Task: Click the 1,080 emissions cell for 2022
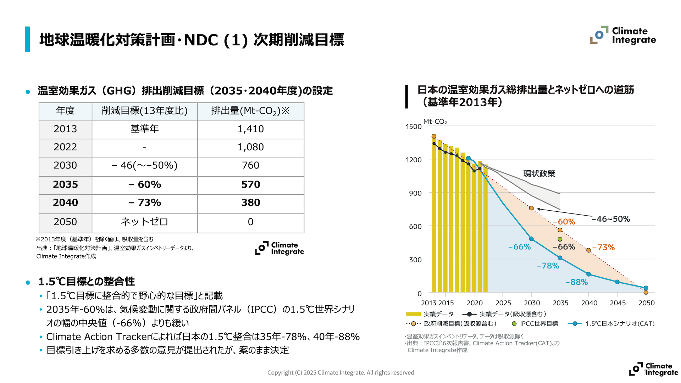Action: tap(250, 147)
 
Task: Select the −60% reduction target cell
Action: tap(144, 184)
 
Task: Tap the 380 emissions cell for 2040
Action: tap(250, 202)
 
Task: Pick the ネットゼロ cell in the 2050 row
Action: tap(144, 222)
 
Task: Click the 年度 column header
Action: tap(65, 111)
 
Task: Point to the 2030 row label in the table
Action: tap(65, 165)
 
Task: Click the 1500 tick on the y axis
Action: tap(414, 127)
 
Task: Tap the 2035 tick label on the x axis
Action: tap(560, 303)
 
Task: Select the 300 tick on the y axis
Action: tap(415, 260)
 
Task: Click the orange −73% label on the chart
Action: tap(603, 248)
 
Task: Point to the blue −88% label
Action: tap(576, 282)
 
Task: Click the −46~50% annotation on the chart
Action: tap(611, 219)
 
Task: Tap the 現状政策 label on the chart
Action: tap(539, 174)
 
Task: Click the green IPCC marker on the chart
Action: tap(560, 239)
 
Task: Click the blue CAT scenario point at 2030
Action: tap(531, 239)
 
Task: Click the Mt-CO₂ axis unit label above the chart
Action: tap(435, 122)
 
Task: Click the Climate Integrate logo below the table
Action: tap(279, 248)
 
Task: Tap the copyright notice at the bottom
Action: tap(340, 373)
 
